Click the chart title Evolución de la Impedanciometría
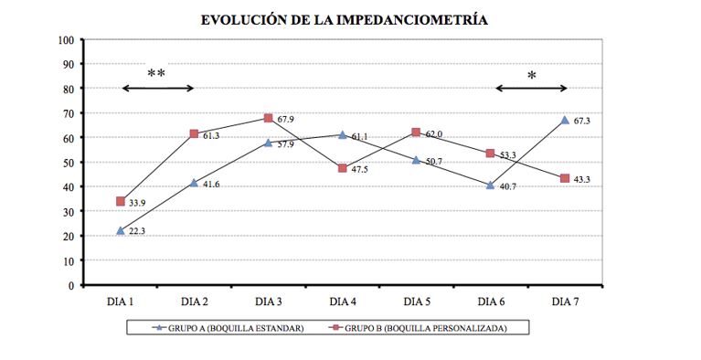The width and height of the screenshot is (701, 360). point(344,20)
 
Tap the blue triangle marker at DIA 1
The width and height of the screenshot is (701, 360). point(121,231)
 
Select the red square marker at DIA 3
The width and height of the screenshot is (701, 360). point(268,118)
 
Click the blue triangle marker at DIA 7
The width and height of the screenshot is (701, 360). point(565,120)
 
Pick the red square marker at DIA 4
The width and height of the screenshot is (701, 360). point(343,168)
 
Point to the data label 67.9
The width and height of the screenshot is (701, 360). point(285,120)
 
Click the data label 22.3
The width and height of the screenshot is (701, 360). point(137,231)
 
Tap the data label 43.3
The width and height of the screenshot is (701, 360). point(581,179)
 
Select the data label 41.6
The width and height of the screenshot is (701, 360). point(211,185)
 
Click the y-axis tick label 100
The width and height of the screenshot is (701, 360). point(66,40)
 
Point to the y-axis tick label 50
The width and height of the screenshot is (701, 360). point(69,163)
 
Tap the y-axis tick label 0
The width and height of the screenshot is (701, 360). point(71,285)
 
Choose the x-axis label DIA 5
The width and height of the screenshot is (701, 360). point(417,302)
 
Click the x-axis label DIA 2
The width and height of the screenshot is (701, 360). point(195,302)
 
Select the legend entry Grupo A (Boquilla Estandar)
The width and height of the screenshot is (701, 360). point(228,328)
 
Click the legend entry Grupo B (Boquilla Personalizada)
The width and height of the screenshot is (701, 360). point(418,328)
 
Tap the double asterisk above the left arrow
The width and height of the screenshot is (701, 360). point(156,73)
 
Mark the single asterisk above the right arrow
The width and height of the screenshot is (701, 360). point(532,76)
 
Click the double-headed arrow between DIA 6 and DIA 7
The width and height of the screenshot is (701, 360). point(532,89)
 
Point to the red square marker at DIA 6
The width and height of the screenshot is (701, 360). point(491,154)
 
